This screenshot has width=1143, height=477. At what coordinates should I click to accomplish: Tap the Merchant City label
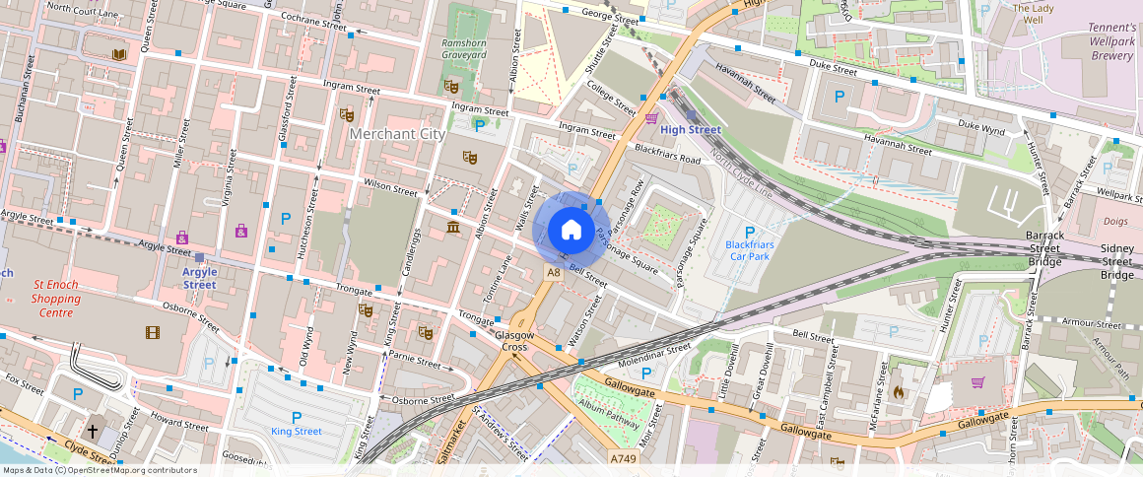pyautogui.click(x=398, y=134)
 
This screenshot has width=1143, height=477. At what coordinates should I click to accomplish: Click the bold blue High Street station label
pyautogui.click(x=691, y=130)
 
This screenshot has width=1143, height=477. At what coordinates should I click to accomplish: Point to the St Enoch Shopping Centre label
pyautogui.click(x=55, y=298)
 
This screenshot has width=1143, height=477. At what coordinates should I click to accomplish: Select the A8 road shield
pyautogui.click(x=553, y=273)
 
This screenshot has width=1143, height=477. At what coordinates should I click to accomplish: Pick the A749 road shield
pyautogui.click(x=622, y=458)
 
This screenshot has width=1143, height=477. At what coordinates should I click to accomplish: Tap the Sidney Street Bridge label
pyautogui.click(x=1117, y=262)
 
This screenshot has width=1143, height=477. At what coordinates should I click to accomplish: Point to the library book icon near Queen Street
pyautogui.click(x=119, y=53)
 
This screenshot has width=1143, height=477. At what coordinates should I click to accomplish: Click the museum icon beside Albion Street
pyautogui.click(x=452, y=229)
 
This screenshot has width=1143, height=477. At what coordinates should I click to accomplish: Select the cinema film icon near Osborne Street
pyautogui.click(x=152, y=333)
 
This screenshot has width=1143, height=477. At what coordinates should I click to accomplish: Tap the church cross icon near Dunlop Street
pyautogui.click(x=93, y=431)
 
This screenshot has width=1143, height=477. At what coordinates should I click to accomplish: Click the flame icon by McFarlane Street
pyautogui.click(x=897, y=391)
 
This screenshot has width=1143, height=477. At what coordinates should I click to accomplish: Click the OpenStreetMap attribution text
pyautogui.click(x=99, y=470)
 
